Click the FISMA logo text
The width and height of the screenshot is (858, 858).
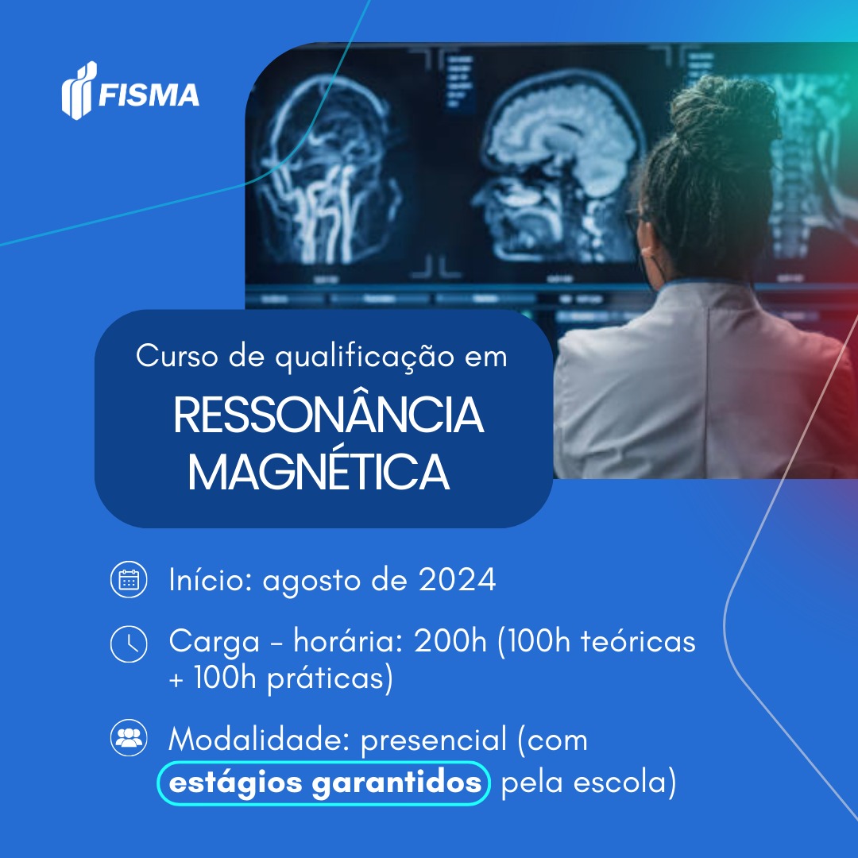[x=149, y=95]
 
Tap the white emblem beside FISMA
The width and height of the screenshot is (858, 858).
[x=79, y=91]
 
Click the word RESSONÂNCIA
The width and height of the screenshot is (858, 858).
[x=328, y=415]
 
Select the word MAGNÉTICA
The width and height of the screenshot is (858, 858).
[x=319, y=472]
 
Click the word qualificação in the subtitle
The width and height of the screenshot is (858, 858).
[x=365, y=357]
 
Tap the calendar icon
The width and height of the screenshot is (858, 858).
[x=129, y=579]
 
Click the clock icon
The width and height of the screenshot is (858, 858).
[x=129, y=644]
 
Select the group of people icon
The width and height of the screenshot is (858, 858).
[x=129, y=737]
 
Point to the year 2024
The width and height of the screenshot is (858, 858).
[x=458, y=579]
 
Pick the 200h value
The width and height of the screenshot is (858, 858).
[x=450, y=641]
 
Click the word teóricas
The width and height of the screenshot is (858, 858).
[x=638, y=641]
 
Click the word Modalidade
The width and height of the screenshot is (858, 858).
[x=259, y=740]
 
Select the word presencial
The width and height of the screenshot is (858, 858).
[x=434, y=741]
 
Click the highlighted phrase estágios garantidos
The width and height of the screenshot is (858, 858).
[x=324, y=783]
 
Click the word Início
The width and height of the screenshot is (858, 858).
[x=210, y=579]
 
